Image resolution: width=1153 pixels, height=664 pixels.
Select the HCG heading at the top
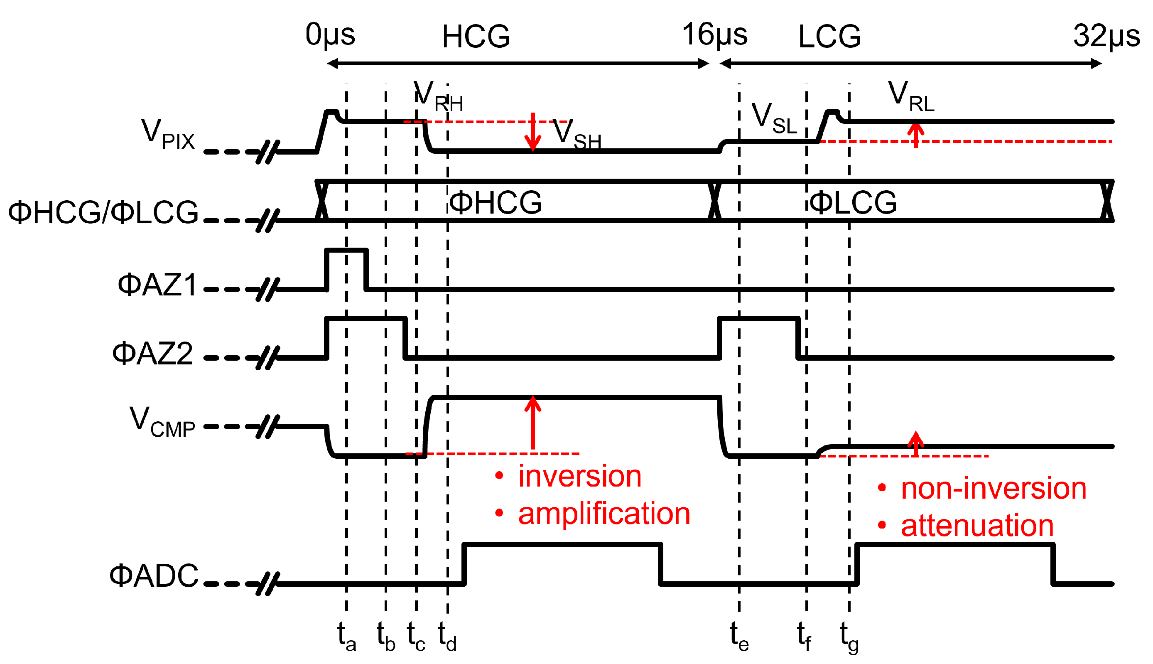point(476,37)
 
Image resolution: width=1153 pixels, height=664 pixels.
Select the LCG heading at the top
point(829,37)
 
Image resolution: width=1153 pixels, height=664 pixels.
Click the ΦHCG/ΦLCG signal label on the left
point(103,212)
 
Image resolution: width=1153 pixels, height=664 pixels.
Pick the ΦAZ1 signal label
point(157,285)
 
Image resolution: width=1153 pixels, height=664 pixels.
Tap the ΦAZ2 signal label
point(153,354)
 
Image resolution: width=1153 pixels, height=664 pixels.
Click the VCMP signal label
point(162,422)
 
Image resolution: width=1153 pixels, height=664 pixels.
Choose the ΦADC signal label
point(154,575)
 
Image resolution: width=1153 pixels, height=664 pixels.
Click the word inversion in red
point(579,477)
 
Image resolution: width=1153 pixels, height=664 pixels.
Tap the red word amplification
point(604,514)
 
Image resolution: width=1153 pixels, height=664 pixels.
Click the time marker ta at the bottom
point(346,637)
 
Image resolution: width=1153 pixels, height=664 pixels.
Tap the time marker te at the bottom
point(739,637)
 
